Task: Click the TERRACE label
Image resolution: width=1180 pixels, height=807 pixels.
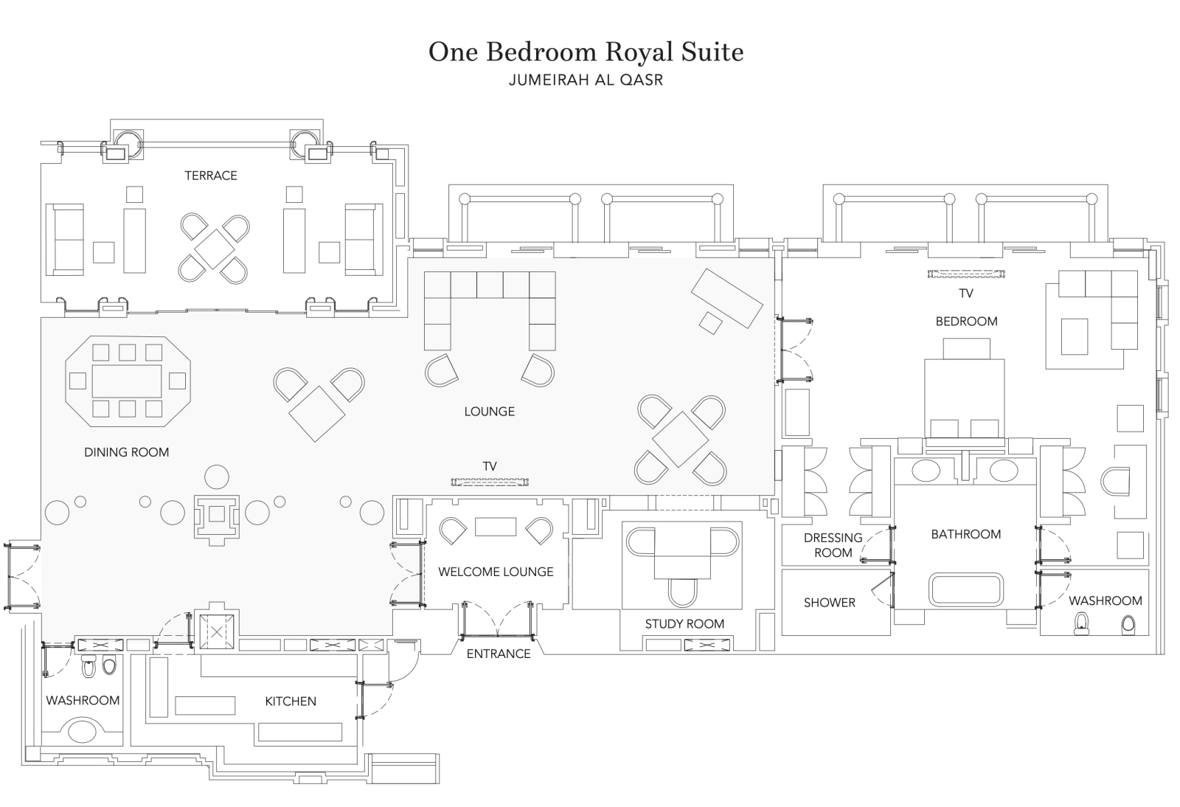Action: tap(211, 176)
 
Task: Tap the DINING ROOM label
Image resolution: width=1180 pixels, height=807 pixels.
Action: tap(126, 452)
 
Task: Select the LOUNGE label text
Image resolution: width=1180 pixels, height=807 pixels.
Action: tap(489, 412)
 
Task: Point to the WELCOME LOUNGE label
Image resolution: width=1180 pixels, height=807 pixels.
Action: tap(496, 572)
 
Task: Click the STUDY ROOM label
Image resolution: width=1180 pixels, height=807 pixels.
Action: tap(684, 624)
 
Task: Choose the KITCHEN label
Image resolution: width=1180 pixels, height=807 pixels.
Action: tap(291, 702)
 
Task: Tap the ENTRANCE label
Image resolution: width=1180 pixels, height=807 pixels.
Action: tap(499, 654)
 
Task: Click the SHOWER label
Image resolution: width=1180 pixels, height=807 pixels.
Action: tap(830, 603)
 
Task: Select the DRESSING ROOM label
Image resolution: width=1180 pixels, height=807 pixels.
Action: tap(833, 545)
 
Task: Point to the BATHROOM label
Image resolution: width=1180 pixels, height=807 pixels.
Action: tap(965, 534)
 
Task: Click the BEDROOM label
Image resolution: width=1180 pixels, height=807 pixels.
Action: tap(966, 322)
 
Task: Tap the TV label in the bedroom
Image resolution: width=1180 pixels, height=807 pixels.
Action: tap(966, 294)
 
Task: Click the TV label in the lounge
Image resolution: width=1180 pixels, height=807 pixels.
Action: tap(490, 466)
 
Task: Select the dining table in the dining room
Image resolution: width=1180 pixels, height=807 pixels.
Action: tap(127, 381)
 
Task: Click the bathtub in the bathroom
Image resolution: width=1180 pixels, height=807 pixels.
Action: tap(965, 589)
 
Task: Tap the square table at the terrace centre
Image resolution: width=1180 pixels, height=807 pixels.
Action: tap(215, 249)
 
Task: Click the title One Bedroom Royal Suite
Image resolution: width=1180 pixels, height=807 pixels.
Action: tap(586, 52)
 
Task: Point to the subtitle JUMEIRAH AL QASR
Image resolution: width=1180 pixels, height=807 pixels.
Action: tap(586, 80)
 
